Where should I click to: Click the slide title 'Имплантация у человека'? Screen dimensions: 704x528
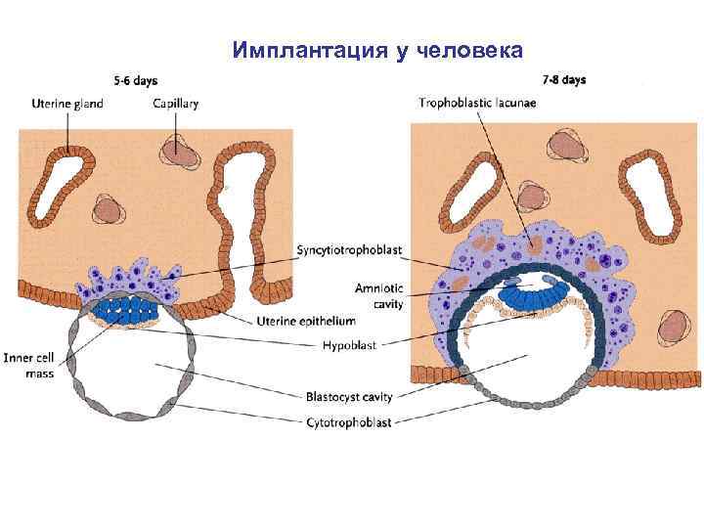pos(378,49)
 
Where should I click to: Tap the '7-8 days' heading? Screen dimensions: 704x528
pos(564,80)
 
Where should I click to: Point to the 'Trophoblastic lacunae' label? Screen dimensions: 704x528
pos(478,103)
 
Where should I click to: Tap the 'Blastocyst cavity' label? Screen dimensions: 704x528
pos(347,397)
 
